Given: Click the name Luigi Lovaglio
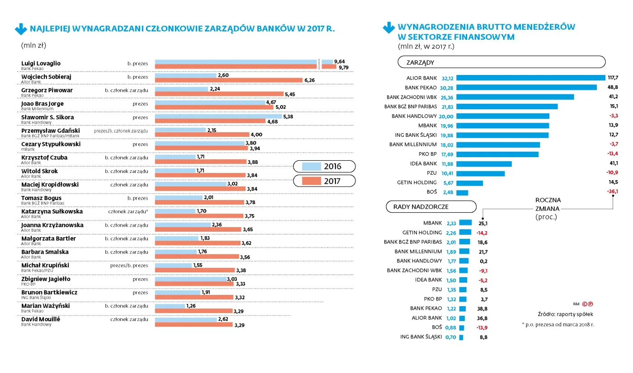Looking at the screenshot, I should (x=41, y=63).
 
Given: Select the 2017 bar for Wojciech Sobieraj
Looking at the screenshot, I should (x=228, y=80).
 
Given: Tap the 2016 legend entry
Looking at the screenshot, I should (x=324, y=166).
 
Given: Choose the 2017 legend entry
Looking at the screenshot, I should (x=324, y=181).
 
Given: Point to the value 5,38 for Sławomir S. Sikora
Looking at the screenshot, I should (x=288, y=116).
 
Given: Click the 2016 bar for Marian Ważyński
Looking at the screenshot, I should (x=170, y=306).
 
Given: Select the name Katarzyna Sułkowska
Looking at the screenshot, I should (x=52, y=211).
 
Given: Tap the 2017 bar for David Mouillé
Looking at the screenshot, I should (x=194, y=325).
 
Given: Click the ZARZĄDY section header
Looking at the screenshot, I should (x=501, y=62).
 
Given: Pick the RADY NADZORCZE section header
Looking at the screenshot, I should (x=430, y=207).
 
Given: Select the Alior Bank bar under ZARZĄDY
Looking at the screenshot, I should (x=531, y=78).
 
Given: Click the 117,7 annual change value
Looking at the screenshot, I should (x=613, y=78).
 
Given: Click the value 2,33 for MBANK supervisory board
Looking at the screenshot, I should (x=451, y=223).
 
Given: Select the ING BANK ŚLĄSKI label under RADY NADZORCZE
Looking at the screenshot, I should (x=421, y=336).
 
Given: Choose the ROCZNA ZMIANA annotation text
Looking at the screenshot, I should (x=548, y=208).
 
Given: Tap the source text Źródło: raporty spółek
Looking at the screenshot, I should (x=565, y=314).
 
